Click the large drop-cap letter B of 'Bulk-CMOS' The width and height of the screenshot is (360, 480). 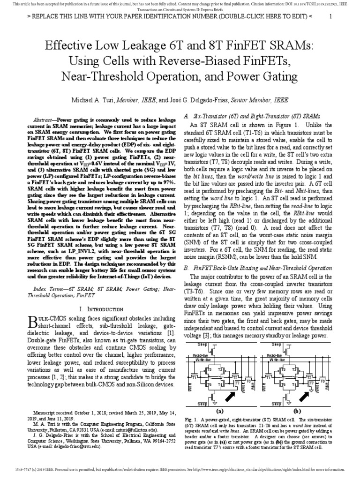point(32,322)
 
